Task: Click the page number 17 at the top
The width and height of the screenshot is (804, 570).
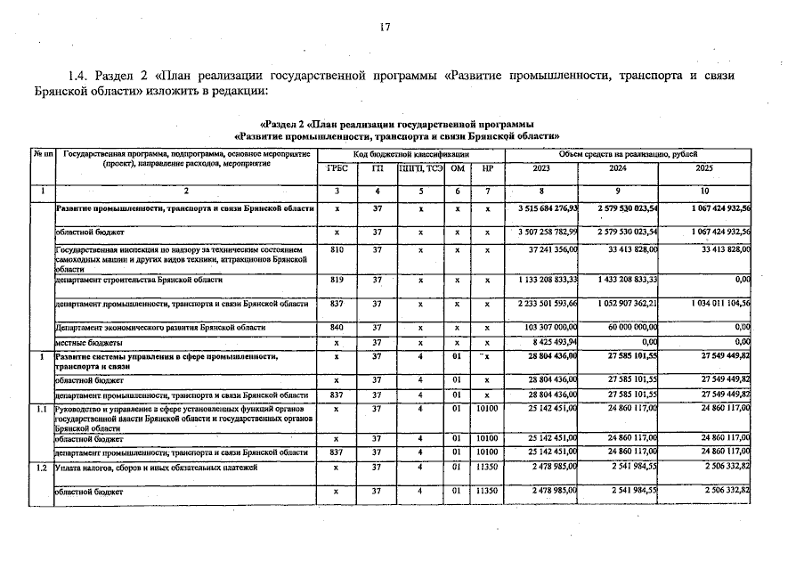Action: coord(386,28)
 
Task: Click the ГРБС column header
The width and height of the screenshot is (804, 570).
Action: coord(337,168)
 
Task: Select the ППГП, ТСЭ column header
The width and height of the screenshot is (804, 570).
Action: coord(420,168)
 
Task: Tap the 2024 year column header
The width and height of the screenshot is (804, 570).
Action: coord(618,168)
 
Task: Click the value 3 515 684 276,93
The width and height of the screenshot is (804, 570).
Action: coord(548,208)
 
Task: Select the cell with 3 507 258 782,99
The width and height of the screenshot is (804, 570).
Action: coord(548,232)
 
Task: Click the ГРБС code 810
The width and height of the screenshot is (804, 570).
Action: coord(337,251)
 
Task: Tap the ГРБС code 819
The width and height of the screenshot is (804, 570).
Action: coord(337,280)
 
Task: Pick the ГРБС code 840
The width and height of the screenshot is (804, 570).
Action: coord(337,328)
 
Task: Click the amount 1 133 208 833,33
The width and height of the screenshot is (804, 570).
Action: coord(548,280)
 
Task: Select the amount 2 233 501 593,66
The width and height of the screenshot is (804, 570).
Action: coord(548,304)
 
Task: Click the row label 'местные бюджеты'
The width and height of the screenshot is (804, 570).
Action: coord(89,342)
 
